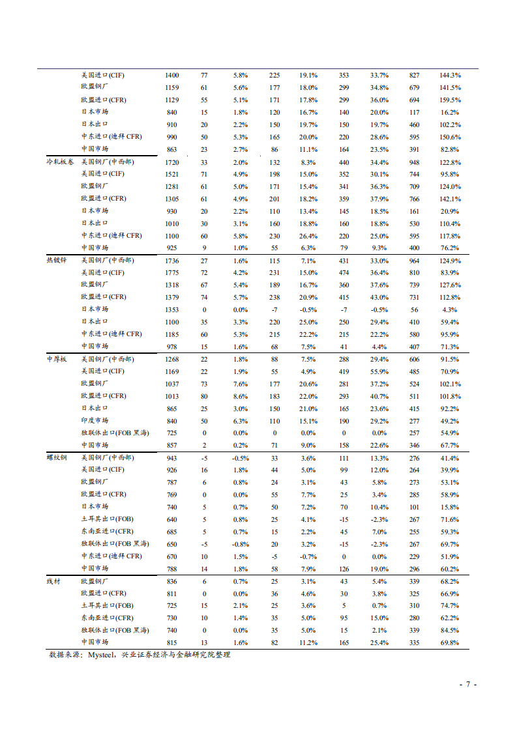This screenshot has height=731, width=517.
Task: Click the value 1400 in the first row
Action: (x=172, y=76)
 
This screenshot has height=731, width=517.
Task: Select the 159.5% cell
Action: (x=450, y=100)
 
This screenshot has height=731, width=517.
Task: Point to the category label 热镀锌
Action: (x=56, y=261)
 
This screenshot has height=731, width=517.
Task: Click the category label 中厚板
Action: (x=56, y=360)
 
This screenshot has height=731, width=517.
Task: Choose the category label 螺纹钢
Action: (x=56, y=458)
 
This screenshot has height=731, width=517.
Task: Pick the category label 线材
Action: (x=53, y=581)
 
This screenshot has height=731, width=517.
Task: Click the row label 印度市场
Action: (x=95, y=421)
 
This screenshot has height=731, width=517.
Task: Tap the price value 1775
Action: (x=172, y=273)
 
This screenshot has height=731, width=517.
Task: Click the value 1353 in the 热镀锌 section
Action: (x=172, y=310)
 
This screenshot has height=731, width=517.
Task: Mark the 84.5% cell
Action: (x=450, y=631)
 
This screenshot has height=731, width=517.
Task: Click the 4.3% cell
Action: (x=450, y=310)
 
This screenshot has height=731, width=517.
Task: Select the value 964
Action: (x=414, y=261)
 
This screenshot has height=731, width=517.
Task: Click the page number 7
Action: (x=468, y=685)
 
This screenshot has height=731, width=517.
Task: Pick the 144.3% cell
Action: (x=450, y=76)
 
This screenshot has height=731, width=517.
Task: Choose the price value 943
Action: (x=172, y=458)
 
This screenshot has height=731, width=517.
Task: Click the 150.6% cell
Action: (x=450, y=137)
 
